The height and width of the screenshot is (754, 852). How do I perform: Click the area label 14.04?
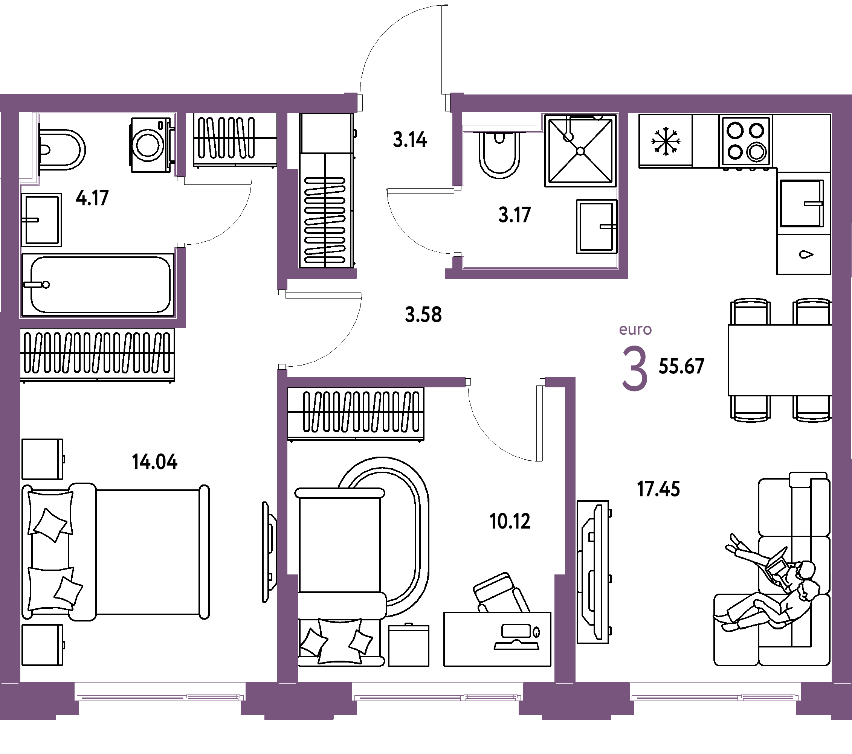(155, 462)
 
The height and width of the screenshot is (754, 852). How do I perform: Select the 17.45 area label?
(659, 489)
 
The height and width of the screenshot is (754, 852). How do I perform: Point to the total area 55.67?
(681, 366)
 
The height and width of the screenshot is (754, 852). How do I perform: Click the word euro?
(635, 329)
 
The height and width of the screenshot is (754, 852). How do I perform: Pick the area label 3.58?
(423, 315)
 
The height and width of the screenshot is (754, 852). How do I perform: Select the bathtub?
(98, 285)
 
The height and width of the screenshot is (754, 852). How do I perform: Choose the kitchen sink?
(802, 203)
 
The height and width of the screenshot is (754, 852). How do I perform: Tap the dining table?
(780, 360)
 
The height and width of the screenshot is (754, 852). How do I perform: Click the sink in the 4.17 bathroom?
(42, 219)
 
